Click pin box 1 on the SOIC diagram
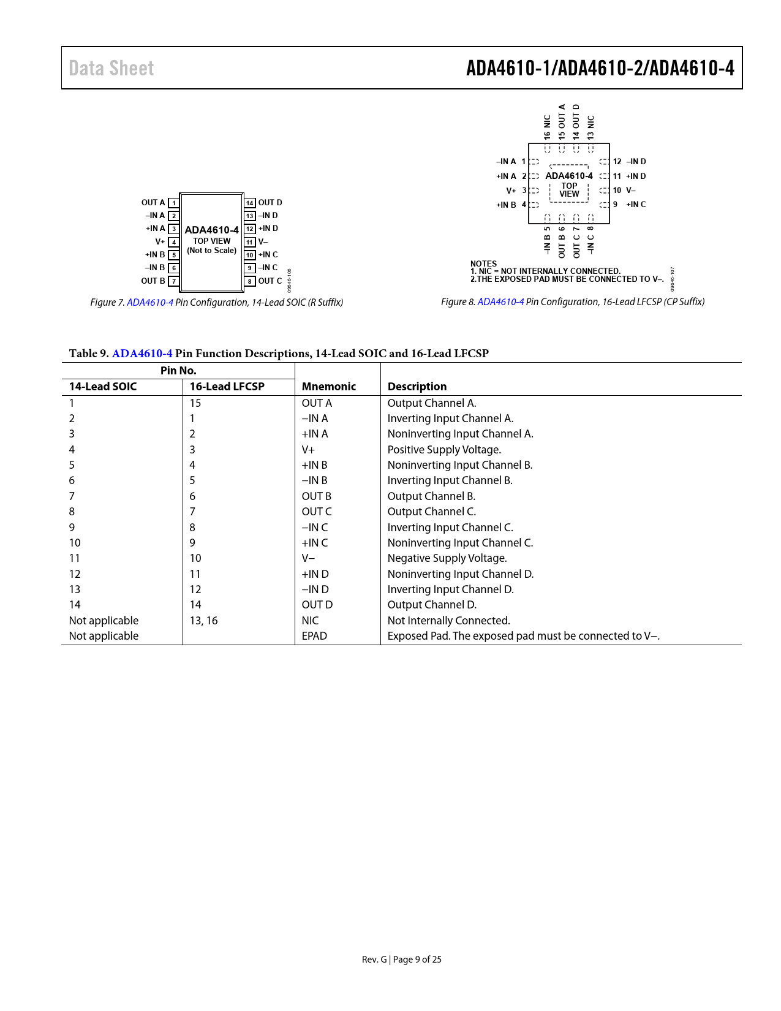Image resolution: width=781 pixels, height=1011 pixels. click(x=174, y=203)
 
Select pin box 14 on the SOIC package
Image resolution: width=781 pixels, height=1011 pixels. click(x=250, y=203)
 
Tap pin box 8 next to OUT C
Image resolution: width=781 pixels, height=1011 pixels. click(x=250, y=281)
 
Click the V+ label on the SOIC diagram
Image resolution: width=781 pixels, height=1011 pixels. click(x=160, y=242)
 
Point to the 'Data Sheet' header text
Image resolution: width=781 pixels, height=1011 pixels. click(x=111, y=68)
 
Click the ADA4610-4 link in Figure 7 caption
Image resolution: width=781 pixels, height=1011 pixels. click(x=150, y=302)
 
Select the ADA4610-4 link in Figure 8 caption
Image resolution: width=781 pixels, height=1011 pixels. click(x=500, y=301)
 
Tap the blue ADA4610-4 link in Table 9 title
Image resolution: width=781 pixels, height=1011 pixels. click(x=142, y=354)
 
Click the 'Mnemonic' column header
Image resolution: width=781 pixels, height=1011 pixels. click(x=328, y=387)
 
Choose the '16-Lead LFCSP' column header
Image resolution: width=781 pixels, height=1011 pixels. click(x=227, y=387)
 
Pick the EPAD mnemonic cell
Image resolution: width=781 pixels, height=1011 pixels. click(x=314, y=636)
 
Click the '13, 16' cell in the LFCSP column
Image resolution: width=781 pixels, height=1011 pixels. click(x=203, y=621)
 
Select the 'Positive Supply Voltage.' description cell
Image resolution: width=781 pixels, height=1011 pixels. click(x=444, y=450)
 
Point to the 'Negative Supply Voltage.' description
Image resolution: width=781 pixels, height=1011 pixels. click(x=447, y=558)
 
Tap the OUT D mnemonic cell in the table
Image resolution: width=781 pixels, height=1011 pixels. click(x=317, y=605)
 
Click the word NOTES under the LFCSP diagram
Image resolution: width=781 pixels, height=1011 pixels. click(x=483, y=263)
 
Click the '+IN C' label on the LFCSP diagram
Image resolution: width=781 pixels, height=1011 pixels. click(x=636, y=205)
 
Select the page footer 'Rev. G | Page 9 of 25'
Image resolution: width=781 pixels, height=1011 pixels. click(x=401, y=960)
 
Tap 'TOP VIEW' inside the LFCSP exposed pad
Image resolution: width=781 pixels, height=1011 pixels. click(x=569, y=190)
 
